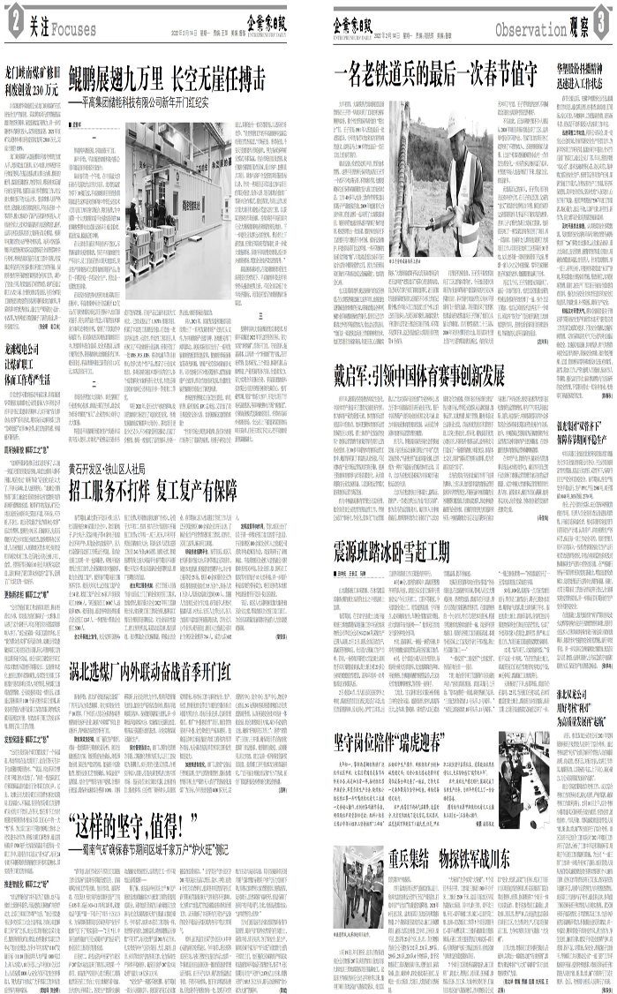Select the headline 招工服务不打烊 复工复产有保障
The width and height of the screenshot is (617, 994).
[178, 487]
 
